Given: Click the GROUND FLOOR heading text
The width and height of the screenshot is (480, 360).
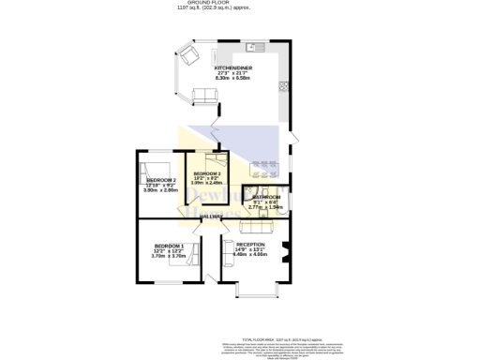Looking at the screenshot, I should pyautogui.click(x=240, y=4).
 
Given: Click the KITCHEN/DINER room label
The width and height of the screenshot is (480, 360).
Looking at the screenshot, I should pyautogui.click(x=232, y=68).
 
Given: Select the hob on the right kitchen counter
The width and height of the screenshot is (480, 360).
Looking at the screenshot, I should pyautogui.click(x=282, y=87).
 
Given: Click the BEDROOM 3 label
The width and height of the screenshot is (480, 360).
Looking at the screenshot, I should pyautogui.click(x=207, y=174).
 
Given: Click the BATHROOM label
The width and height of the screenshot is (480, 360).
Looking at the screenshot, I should pyautogui.click(x=266, y=197).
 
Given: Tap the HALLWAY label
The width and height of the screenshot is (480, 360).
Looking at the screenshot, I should pyautogui.click(x=211, y=217).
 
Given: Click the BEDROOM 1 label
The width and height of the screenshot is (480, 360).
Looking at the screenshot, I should pyautogui.click(x=169, y=245).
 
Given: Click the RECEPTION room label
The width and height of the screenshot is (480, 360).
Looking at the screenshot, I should pyautogui.click(x=250, y=244).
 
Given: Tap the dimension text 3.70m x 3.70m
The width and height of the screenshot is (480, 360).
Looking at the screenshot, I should pyautogui.click(x=169, y=255).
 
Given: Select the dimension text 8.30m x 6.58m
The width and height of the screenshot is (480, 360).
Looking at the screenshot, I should pyautogui.click(x=232, y=79).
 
